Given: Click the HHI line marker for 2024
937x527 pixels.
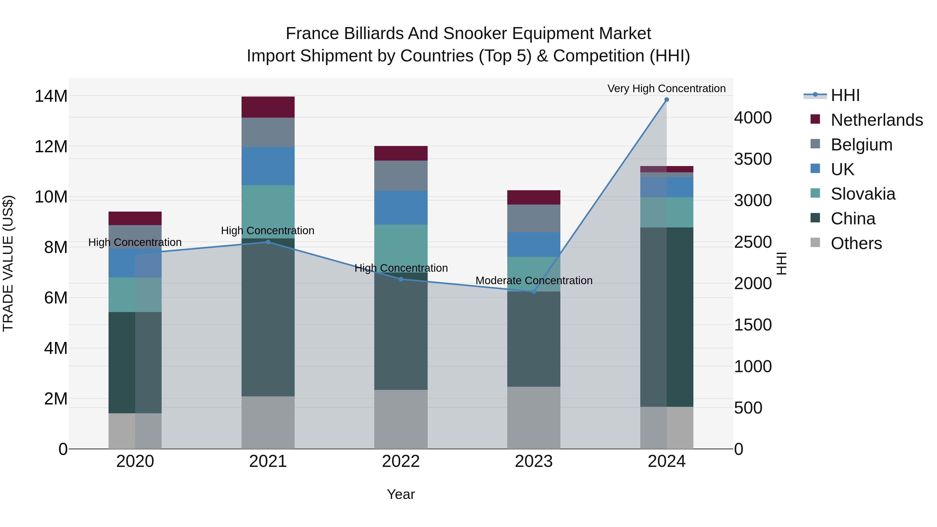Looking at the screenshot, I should click(666, 100).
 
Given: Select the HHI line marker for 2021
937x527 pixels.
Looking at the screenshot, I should click(268, 242).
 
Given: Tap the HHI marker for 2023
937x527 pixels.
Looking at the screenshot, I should click(534, 292).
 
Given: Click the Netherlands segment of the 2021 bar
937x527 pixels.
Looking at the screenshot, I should click(268, 107).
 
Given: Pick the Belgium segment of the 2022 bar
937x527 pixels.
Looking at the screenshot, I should click(401, 176).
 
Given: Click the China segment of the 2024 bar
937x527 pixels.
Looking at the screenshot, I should click(666, 317).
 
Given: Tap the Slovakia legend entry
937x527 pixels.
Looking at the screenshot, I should click(863, 194).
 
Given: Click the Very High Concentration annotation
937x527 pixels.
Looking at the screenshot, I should click(666, 88).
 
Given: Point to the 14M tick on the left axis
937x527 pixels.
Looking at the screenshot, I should click(51, 96).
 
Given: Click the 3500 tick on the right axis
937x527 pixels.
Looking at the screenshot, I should click(752, 159).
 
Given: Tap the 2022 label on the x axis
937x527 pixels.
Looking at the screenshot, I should click(401, 461).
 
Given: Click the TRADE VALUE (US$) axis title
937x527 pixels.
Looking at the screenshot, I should click(8, 263).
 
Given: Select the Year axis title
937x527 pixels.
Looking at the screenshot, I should click(401, 494).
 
